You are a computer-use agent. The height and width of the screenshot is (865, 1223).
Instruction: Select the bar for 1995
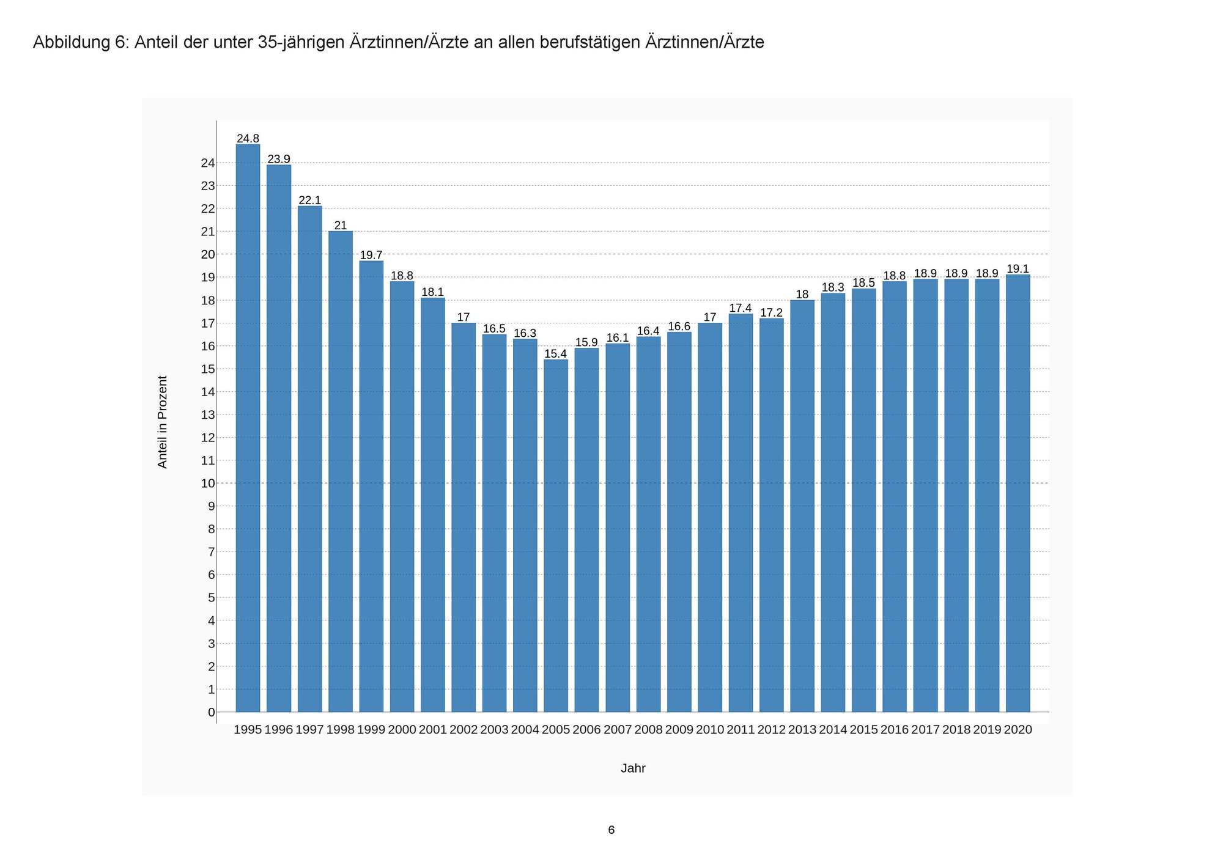[x=248, y=428]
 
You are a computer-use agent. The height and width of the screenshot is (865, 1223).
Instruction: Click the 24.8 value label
[x=248, y=139]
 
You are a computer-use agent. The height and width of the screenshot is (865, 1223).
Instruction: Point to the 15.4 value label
[x=556, y=354]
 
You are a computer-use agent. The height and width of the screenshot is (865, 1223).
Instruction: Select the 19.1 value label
[x=1018, y=269]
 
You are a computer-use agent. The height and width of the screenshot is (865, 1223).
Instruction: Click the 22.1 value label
[x=309, y=201]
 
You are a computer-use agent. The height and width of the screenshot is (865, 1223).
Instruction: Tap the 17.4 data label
[x=741, y=308]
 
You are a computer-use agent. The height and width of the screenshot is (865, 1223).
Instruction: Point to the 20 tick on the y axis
[x=208, y=254]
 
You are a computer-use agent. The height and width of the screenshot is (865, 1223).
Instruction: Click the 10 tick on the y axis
[x=208, y=484]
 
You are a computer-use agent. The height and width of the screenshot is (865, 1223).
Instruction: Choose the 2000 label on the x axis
[x=402, y=730]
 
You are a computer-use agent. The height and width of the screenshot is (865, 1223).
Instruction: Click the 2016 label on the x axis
[x=895, y=730]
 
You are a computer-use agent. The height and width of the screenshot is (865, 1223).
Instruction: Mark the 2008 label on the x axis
[x=648, y=730]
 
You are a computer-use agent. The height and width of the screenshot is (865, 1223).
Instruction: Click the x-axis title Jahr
[x=633, y=769]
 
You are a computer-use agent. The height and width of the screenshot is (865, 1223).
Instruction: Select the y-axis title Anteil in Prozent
[x=162, y=422]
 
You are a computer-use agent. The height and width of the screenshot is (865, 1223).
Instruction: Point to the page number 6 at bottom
[x=611, y=830]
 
